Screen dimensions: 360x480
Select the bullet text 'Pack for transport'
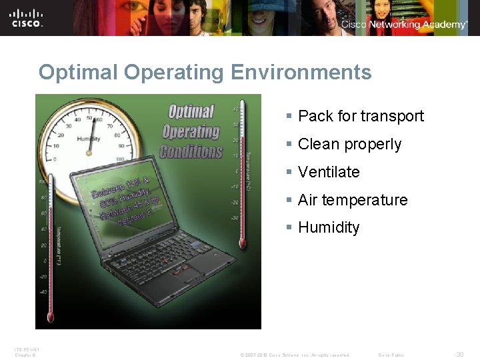[x=361, y=116]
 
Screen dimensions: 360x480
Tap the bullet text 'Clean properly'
[x=349, y=144]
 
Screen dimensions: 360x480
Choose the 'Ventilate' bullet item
[x=329, y=172]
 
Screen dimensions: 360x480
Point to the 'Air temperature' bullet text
[x=353, y=200]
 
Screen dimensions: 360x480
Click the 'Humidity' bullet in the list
[x=329, y=227]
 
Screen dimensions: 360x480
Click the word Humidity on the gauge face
[x=89, y=139]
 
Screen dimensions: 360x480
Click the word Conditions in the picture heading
[x=191, y=151]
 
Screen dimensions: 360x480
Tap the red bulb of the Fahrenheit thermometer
[x=49, y=313]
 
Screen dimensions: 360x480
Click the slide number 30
[x=460, y=355]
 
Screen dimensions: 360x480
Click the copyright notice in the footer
[x=295, y=355]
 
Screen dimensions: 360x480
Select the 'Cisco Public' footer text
[x=391, y=355]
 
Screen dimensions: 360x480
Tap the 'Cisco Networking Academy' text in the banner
[x=404, y=25]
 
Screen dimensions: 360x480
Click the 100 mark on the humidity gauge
[x=120, y=159]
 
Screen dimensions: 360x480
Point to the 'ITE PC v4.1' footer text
[x=27, y=349]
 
